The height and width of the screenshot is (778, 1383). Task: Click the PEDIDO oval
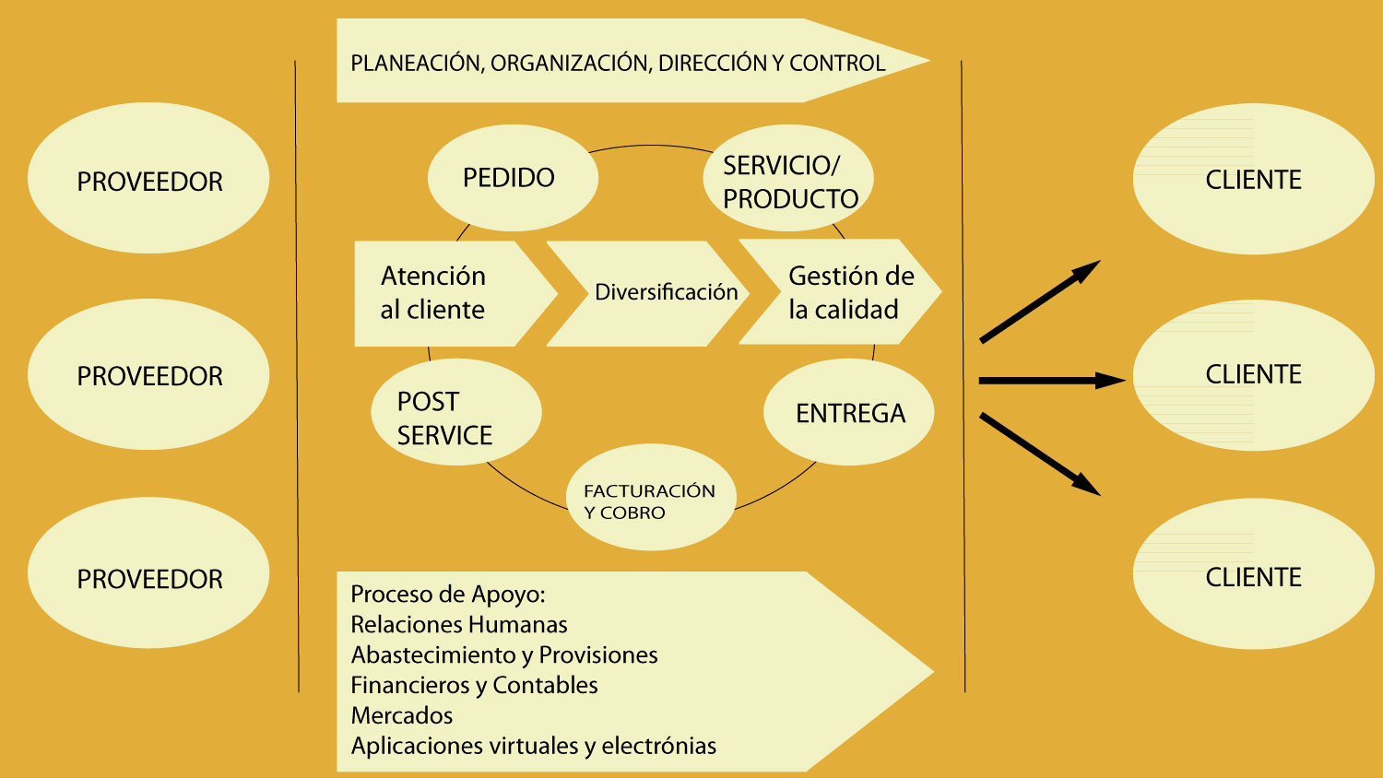point(513,178)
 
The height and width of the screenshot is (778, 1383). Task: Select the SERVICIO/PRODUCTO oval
point(788,180)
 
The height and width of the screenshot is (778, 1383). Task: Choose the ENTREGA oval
point(849,413)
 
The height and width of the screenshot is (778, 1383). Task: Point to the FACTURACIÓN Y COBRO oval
point(651,500)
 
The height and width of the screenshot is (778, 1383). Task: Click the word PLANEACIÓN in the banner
point(416,64)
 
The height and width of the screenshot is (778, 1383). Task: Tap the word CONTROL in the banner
point(836,64)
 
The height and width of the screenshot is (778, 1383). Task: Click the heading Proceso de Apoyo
point(448,595)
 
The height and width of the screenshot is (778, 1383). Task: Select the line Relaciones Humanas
point(459,625)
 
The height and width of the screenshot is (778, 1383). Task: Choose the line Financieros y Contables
point(474,686)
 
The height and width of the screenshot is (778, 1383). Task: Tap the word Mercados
point(402,716)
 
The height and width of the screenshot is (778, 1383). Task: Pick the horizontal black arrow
point(1051,380)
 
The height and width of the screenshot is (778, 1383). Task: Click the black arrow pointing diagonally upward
point(1040,301)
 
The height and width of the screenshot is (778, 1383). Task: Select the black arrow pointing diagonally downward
point(1040,454)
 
